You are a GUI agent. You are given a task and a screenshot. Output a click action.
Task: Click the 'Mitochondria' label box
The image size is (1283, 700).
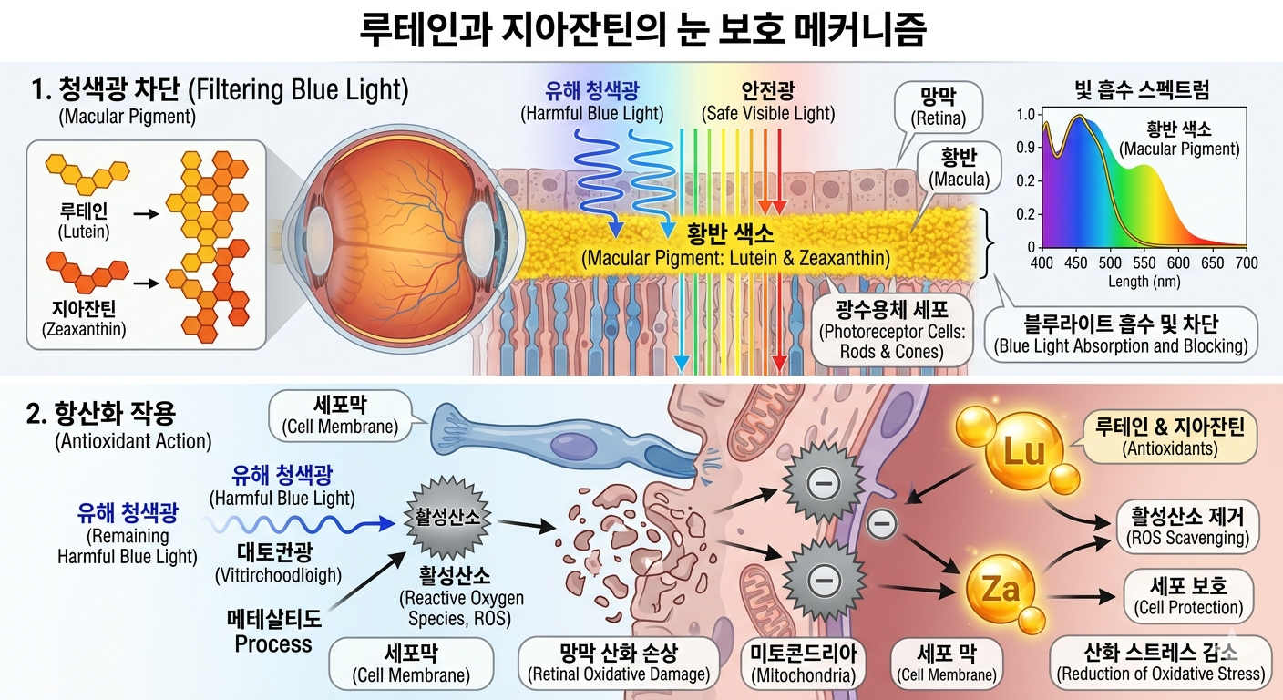click(x=803, y=664)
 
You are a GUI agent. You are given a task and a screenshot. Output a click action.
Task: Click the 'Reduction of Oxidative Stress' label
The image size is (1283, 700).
click(x=1161, y=664)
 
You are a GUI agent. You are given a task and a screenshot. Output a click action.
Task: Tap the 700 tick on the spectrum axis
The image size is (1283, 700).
click(x=1247, y=263)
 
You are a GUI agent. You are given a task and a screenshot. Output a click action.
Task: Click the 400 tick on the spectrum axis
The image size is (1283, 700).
click(x=1042, y=263)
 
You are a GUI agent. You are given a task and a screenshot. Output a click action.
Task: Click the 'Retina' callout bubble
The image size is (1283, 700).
click(x=938, y=108)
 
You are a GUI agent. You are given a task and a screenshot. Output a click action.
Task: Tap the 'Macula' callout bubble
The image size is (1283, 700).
click(x=958, y=169)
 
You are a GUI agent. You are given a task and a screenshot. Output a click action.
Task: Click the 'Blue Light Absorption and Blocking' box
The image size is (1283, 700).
click(x=1120, y=334)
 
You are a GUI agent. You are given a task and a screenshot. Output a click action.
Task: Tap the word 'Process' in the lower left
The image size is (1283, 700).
click(x=272, y=644)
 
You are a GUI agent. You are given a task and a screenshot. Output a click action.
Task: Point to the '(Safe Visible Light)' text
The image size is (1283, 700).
click(x=767, y=114)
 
